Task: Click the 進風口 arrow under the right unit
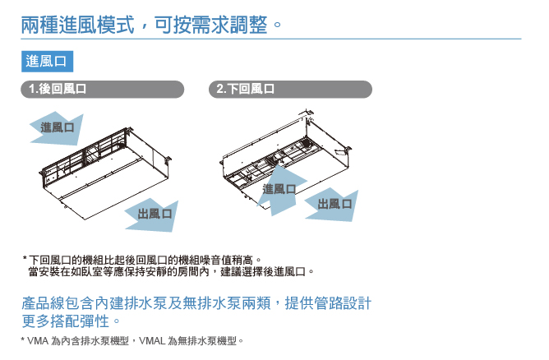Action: click(x=279, y=188)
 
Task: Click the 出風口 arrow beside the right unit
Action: click(x=332, y=203)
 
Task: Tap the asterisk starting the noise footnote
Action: click(x=25, y=259)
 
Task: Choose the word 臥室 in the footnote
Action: click(x=88, y=271)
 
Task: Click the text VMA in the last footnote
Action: click(x=39, y=340)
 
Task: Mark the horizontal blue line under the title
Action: click(x=271, y=39)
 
